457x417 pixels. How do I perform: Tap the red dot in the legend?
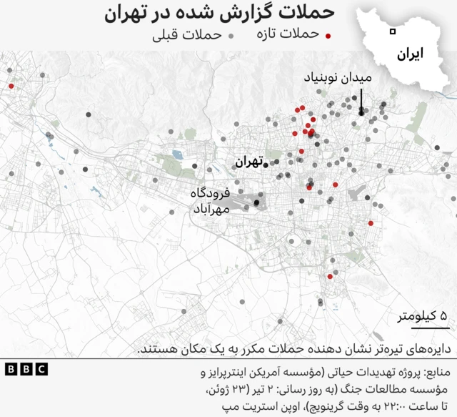point(328,36)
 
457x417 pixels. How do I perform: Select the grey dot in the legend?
point(231,36)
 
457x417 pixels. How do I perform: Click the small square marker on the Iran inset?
point(392,31)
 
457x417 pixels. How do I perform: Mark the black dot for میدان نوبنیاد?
point(362,112)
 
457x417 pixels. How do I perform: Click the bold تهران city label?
point(248,162)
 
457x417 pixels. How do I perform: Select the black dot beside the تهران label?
point(266,165)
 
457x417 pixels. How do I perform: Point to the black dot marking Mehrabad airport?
point(256,203)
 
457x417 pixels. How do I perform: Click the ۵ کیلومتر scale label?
point(422,316)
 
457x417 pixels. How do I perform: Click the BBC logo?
point(26,369)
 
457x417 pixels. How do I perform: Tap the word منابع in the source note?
point(436,373)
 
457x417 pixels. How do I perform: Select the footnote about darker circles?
point(293,348)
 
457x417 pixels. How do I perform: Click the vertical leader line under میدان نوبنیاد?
point(362,99)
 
